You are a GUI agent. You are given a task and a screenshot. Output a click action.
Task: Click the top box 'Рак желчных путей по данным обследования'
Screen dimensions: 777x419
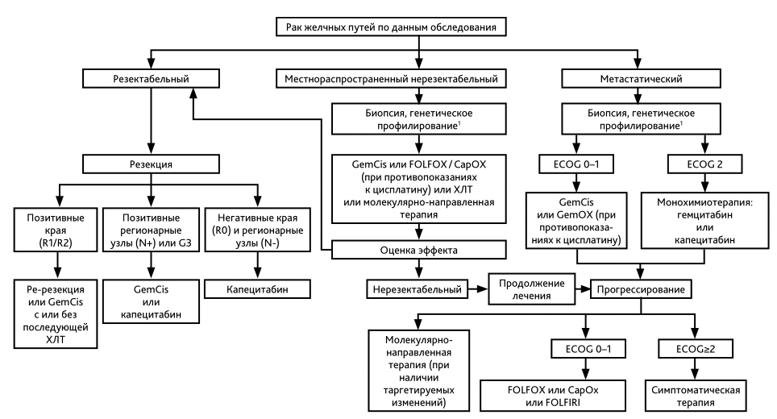pyautogui.click(x=391, y=27)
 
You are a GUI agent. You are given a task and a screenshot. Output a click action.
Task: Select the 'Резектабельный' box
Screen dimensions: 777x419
pyautogui.click(x=152, y=79)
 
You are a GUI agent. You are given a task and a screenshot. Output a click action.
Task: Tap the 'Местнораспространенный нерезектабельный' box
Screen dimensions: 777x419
pyautogui.click(x=391, y=79)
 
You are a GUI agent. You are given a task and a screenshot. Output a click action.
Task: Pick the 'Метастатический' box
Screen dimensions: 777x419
pyautogui.click(x=642, y=79)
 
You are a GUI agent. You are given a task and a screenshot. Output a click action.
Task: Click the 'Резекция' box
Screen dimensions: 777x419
pyautogui.click(x=152, y=164)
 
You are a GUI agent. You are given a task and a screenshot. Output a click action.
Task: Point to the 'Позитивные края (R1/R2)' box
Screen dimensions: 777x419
pyautogui.click(x=56, y=230)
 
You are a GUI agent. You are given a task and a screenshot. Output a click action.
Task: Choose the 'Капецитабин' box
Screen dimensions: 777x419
pyautogui.click(x=257, y=289)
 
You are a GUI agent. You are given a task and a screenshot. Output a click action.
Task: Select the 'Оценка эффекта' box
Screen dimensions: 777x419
pyautogui.click(x=419, y=250)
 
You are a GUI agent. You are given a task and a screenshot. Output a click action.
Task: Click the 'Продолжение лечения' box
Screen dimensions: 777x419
pyautogui.click(x=532, y=289)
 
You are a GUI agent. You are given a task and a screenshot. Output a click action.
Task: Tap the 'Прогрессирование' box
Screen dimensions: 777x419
pyautogui.click(x=641, y=289)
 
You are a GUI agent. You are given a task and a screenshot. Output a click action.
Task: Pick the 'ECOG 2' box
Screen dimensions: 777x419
pyautogui.click(x=704, y=164)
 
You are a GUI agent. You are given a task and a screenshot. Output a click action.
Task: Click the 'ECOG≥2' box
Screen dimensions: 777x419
pyautogui.click(x=696, y=349)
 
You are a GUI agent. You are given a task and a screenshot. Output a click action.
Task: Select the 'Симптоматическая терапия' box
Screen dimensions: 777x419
pyautogui.click(x=696, y=396)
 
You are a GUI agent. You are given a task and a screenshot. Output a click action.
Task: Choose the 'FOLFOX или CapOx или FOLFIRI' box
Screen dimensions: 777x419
pyautogui.click(x=553, y=396)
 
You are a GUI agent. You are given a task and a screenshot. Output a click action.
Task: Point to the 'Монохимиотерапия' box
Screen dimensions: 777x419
pyautogui.click(x=704, y=221)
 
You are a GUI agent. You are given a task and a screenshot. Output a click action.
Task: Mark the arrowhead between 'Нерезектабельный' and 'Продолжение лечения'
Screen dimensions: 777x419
pyautogui.click(x=482, y=289)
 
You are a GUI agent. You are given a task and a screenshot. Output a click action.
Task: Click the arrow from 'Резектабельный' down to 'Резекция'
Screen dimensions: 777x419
pyautogui.click(x=152, y=122)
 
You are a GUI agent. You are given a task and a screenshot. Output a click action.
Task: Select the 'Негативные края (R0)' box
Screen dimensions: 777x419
pyautogui.click(x=257, y=230)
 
